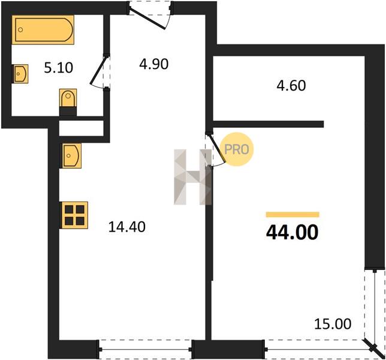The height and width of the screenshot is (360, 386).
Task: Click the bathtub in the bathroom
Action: (x=43, y=30)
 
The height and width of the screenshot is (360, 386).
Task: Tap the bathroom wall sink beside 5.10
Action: (x=20, y=74)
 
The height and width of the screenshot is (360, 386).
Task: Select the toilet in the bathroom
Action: (x=68, y=100)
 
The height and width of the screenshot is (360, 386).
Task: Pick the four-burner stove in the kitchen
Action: (x=74, y=215)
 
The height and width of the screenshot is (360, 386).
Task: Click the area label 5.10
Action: (x=59, y=68)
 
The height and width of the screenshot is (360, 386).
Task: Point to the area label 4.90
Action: (x=154, y=64)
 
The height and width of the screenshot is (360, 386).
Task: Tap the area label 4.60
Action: (x=291, y=86)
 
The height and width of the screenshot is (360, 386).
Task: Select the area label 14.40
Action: (x=127, y=227)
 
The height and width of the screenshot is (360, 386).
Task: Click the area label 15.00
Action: (x=333, y=324)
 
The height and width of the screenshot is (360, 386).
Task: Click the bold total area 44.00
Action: (x=292, y=233)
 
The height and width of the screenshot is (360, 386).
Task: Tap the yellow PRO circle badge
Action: (x=237, y=149)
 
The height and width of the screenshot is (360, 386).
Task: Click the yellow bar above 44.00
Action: (x=292, y=215)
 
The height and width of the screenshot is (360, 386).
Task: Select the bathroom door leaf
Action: (x=98, y=71)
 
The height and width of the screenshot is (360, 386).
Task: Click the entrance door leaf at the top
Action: (x=147, y=19)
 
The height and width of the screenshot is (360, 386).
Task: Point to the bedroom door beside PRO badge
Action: (x=217, y=148)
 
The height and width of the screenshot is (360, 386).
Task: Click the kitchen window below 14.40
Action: (x=145, y=349)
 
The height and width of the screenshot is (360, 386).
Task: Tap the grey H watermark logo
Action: (x=192, y=177)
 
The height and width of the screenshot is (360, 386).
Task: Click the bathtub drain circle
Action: (x=20, y=30)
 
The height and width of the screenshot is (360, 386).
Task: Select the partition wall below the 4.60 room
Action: (x=269, y=124)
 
